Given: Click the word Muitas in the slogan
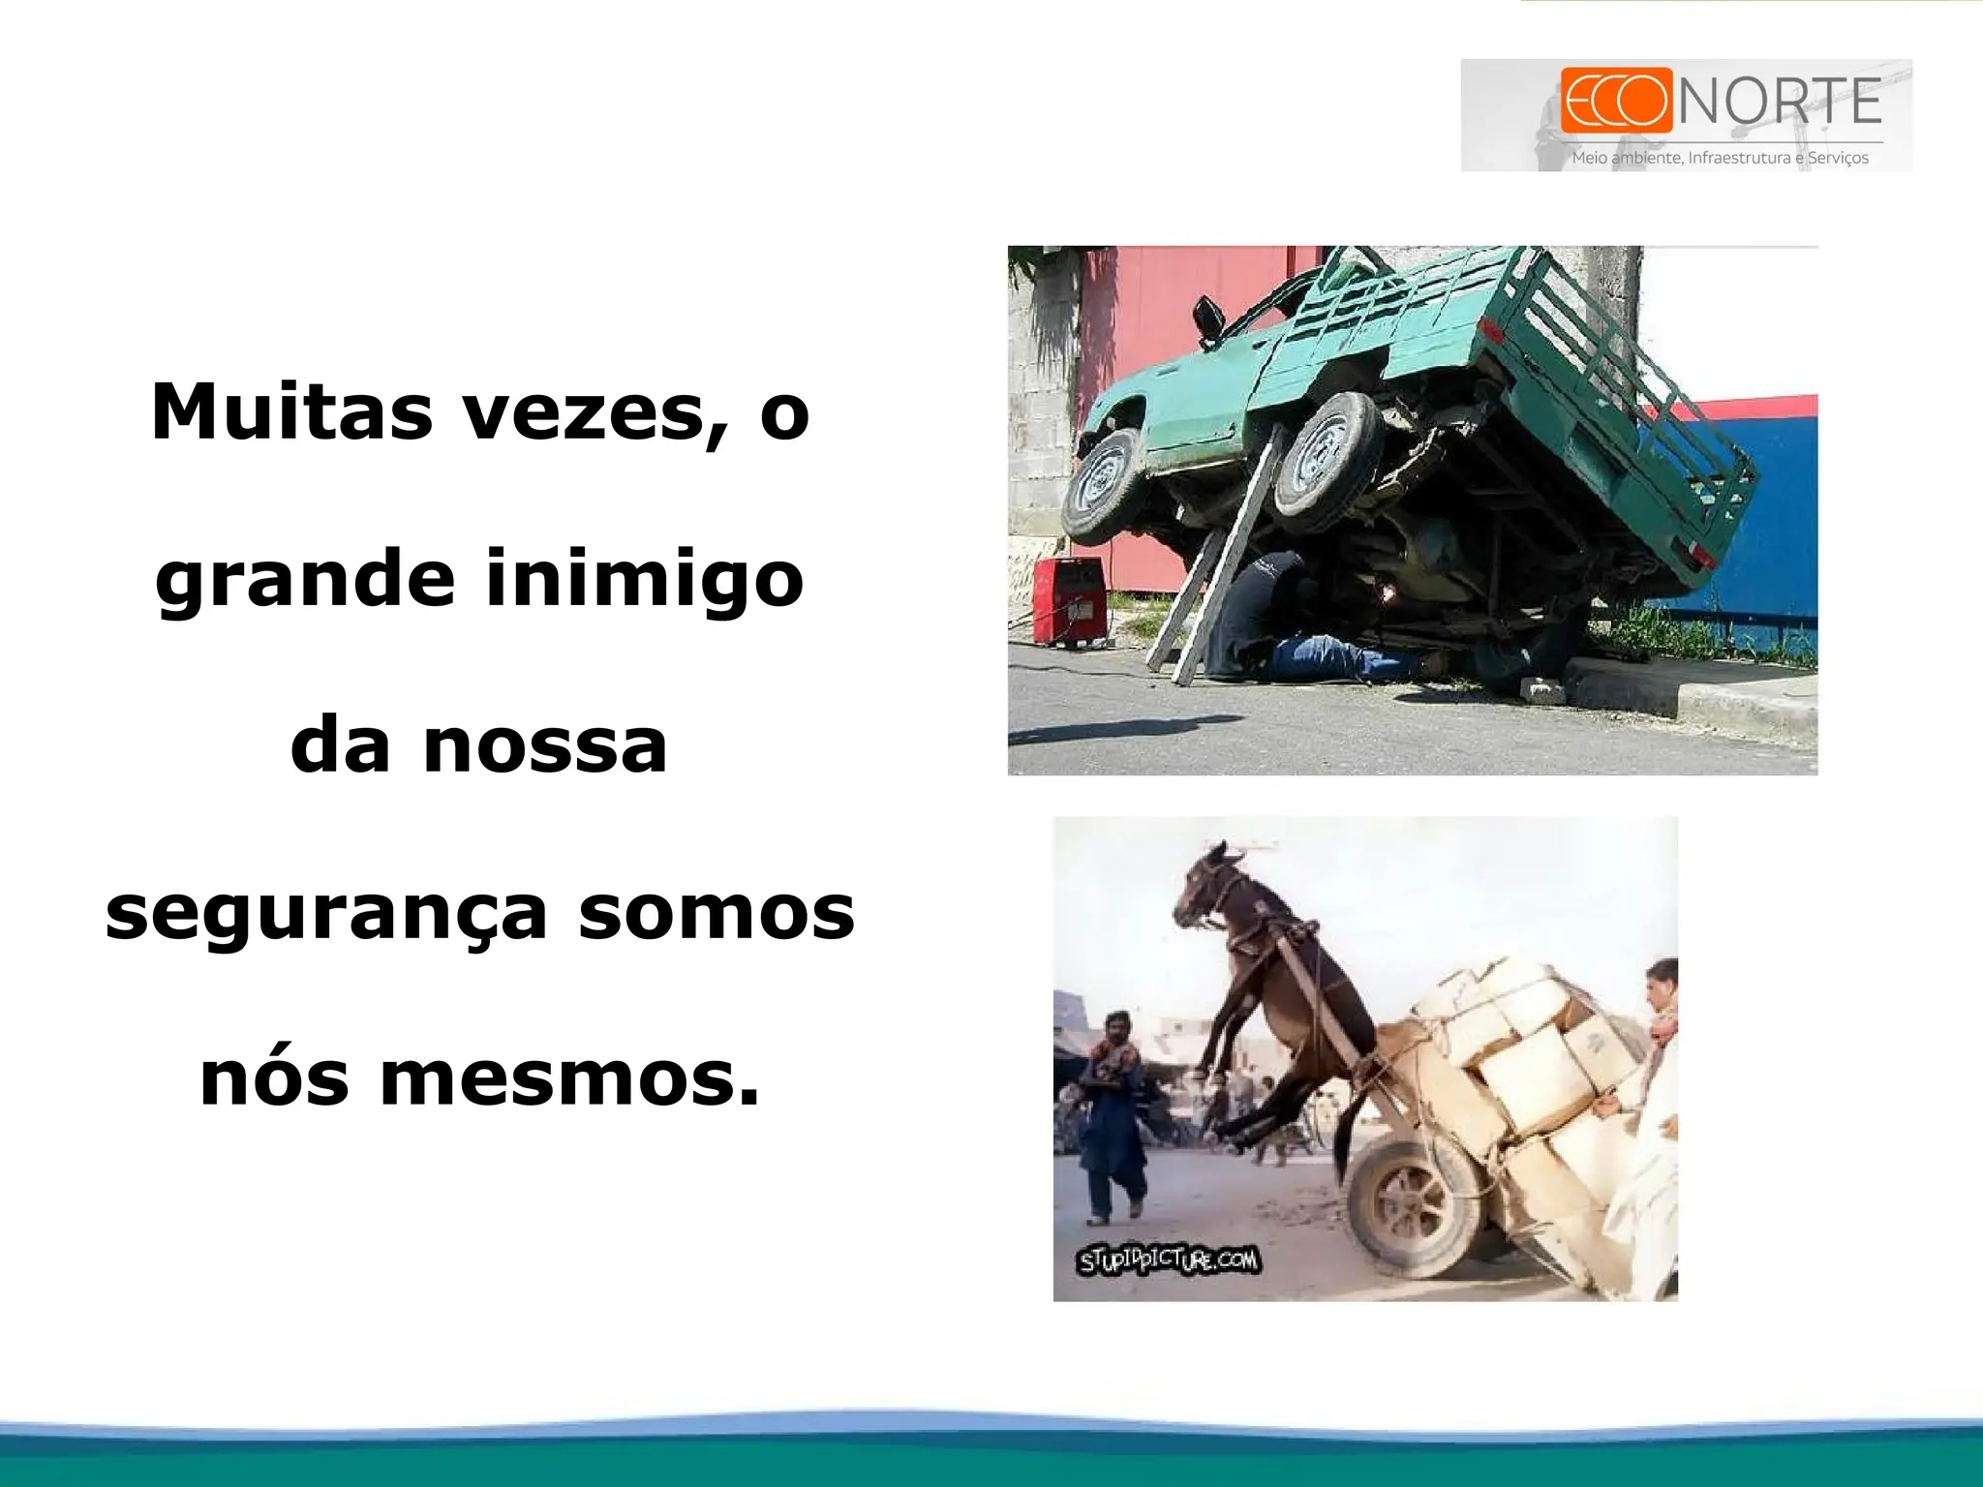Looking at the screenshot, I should click(291, 412).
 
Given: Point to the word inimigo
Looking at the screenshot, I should click(644, 579).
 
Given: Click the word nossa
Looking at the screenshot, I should click(545, 746).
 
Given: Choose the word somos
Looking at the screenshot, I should click(717, 913).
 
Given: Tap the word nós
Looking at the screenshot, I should click(274, 1079).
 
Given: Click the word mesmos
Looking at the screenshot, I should click(569, 1079).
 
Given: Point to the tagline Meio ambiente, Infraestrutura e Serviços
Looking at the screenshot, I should click(1720, 158).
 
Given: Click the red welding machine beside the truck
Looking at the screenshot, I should click(1069, 600).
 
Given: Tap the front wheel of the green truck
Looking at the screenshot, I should click(1104, 484).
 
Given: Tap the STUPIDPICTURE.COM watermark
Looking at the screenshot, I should click(1169, 1260).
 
